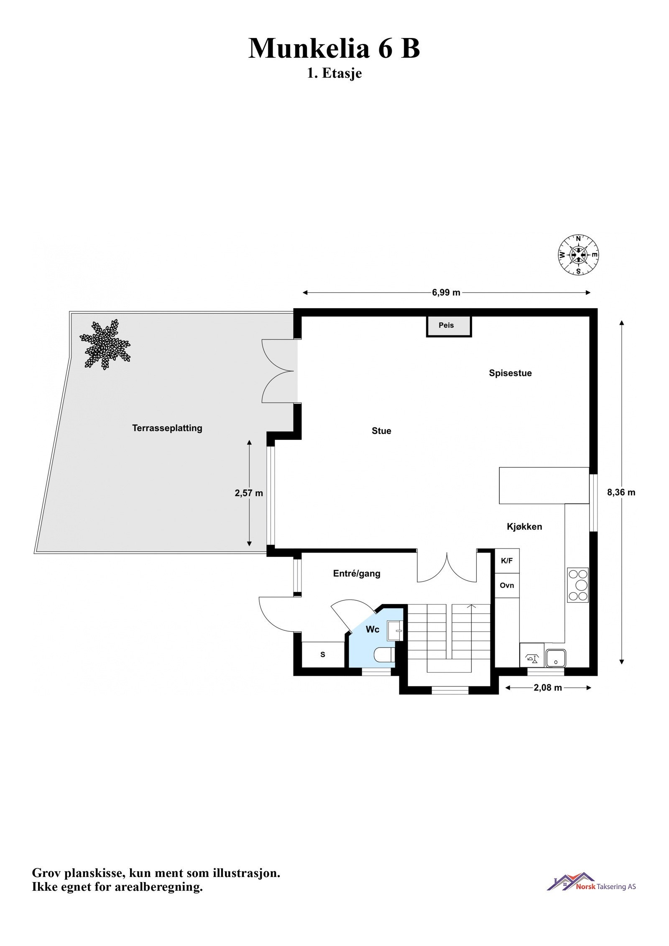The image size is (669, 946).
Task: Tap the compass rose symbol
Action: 579,255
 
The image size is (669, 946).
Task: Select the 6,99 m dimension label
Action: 446,293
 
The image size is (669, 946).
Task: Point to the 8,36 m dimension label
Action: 621,492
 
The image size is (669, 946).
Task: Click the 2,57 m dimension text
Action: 249,493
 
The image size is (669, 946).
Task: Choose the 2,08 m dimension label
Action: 548,688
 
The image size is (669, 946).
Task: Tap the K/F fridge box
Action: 507,561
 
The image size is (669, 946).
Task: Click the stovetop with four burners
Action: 578,585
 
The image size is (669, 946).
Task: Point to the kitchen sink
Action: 556,658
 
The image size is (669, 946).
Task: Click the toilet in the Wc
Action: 384,655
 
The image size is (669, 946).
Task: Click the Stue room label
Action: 381,431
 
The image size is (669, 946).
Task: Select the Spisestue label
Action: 510,373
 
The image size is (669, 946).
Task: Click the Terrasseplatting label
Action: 167,428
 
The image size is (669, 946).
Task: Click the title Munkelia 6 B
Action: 334,48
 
